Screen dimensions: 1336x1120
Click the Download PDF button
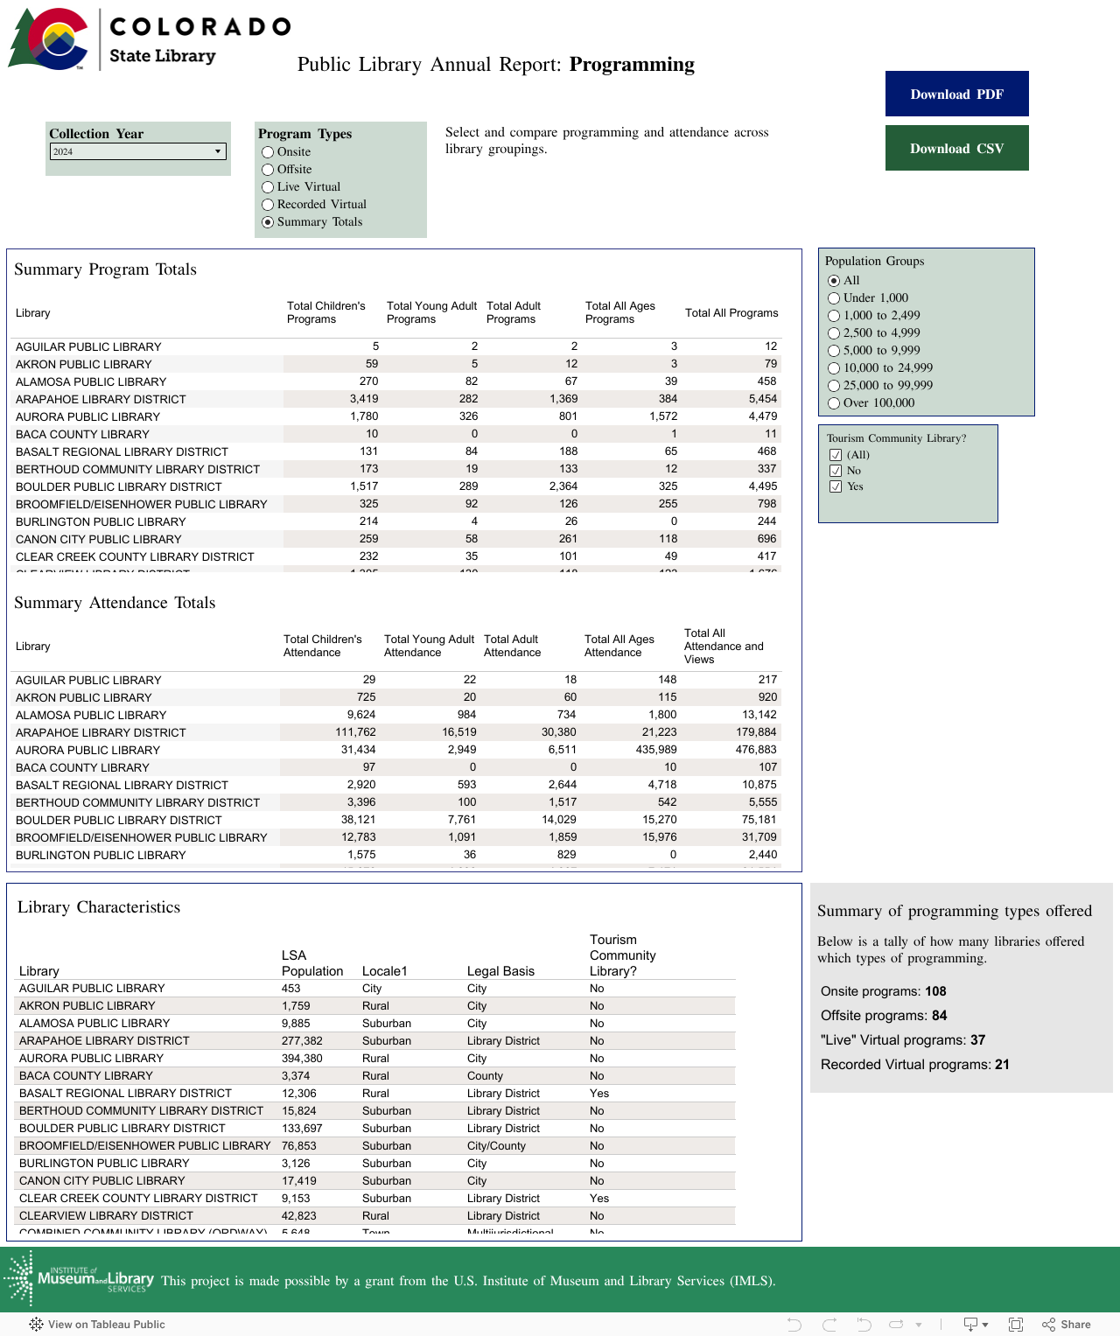coord(956,94)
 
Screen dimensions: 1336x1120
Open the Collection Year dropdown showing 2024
coord(138,151)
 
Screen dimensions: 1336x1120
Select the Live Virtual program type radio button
coord(268,187)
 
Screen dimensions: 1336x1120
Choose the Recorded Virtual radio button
coord(268,205)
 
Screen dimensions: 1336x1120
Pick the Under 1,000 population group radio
coord(834,298)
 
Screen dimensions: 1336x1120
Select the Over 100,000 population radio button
coord(834,403)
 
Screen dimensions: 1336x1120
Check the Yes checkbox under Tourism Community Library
coord(836,486)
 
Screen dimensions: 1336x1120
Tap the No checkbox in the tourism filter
coord(836,471)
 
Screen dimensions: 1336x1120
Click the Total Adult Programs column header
coord(514,312)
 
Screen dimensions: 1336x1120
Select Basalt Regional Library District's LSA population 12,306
coord(299,1094)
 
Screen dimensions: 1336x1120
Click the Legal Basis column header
coord(500,971)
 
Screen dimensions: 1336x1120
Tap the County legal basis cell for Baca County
coord(485,1076)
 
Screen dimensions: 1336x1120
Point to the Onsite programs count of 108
coord(935,991)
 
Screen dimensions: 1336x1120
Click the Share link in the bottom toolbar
coord(1067,1325)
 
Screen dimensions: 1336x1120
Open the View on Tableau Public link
coord(98,1325)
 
